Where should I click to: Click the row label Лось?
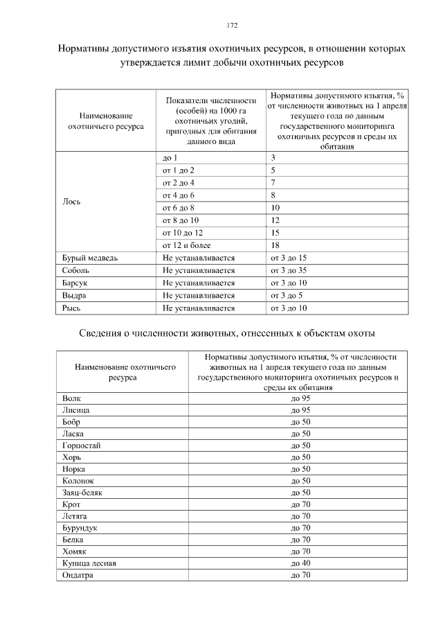pyautogui.click(x=71, y=202)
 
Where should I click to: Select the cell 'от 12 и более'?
pyautogui.click(x=187, y=245)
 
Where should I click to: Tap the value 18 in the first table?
pyautogui.click(x=275, y=245)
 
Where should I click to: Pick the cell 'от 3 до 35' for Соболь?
pyautogui.click(x=289, y=270)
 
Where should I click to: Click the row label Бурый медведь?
pyautogui.click(x=89, y=258)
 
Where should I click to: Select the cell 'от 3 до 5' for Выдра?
pyautogui.click(x=287, y=295)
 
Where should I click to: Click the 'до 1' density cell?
pyautogui.click(x=170, y=158)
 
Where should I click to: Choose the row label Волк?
pyautogui.click(x=71, y=398)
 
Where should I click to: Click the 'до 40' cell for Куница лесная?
pyautogui.click(x=300, y=563)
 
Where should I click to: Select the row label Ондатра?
pyautogui.click(x=77, y=575)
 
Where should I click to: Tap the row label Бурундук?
pyautogui.click(x=79, y=528)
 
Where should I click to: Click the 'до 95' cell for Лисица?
pyautogui.click(x=300, y=410)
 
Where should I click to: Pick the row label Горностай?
pyautogui.click(x=81, y=445)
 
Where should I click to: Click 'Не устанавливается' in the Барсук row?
pyautogui.click(x=199, y=283)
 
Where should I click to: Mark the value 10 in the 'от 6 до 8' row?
pyautogui.click(x=275, y=208)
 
